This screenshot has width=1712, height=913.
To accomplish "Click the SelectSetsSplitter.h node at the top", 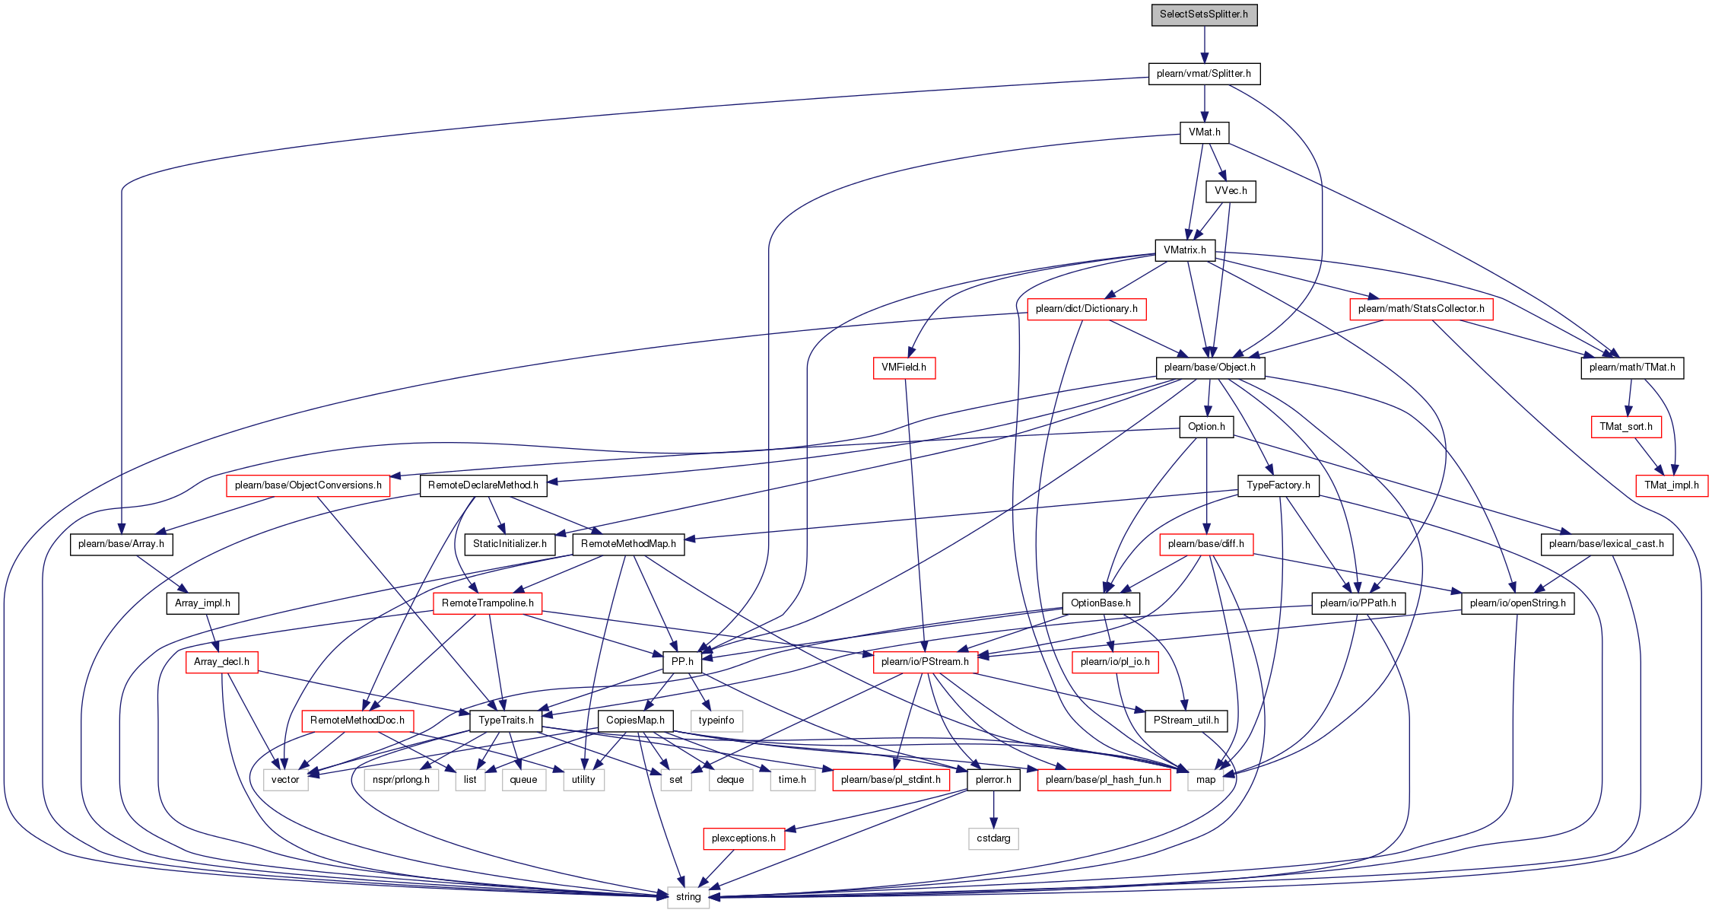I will point(1204,14).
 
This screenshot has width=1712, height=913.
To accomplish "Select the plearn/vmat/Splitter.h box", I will point(1204,74).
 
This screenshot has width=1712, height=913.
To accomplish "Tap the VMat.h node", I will point(1204,132).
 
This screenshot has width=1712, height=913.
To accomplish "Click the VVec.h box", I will point(1231,191).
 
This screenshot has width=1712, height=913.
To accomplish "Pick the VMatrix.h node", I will point(1185,250).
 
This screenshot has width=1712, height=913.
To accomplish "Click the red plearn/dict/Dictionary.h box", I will point(1086,309).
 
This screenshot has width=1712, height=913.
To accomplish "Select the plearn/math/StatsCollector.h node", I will point(1421,309).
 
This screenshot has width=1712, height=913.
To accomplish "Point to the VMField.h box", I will point(904,367).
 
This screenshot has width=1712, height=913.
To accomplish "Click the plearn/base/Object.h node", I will point(1210,367).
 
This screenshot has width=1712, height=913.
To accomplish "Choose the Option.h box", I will point(1206,427).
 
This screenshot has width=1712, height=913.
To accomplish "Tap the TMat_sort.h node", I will point(1626,427).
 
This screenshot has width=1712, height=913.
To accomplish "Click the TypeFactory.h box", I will point(1278,485).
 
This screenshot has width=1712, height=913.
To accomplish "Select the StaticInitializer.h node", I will point(510,544).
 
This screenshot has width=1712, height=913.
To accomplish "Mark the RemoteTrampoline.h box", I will point(488,603).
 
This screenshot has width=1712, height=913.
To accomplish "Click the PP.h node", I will point(682,662).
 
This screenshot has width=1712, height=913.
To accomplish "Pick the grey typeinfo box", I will point(716,721).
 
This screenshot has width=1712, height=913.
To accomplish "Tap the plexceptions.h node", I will point(743,838).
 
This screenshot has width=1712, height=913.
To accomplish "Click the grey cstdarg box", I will point(993,838).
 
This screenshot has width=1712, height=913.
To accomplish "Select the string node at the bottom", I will point(688,897).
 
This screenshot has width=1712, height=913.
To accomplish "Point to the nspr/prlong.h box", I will point(401,780).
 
